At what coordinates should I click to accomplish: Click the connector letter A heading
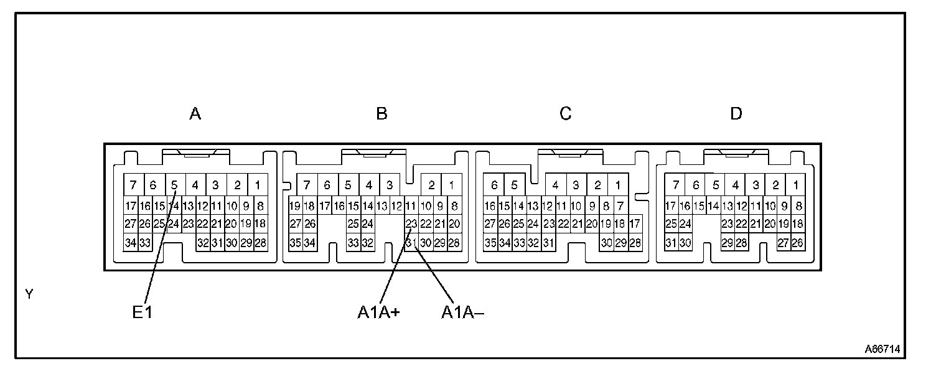point(195,114)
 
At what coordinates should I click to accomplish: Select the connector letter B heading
point(382,114)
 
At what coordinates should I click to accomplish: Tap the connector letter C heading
point(565,114)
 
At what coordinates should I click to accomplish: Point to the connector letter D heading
point(736,114)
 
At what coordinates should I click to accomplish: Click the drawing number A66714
point(882,349)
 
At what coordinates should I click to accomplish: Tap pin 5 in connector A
point(175,185)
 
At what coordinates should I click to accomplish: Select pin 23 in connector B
point(411,224)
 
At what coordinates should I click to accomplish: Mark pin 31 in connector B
point(411,243)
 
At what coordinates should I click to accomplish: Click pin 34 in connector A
point(130,243)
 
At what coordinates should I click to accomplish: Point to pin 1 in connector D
point(796,185)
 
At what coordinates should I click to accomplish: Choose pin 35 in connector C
point(490,243)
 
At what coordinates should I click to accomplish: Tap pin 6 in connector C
point(494,185)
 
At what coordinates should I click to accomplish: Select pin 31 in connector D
point(671,243)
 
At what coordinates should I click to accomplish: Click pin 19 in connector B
point(295,205)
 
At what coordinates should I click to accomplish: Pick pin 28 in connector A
point(260,243)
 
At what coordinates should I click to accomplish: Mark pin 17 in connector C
point(635,224)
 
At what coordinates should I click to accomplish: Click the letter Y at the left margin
point(29,294)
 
